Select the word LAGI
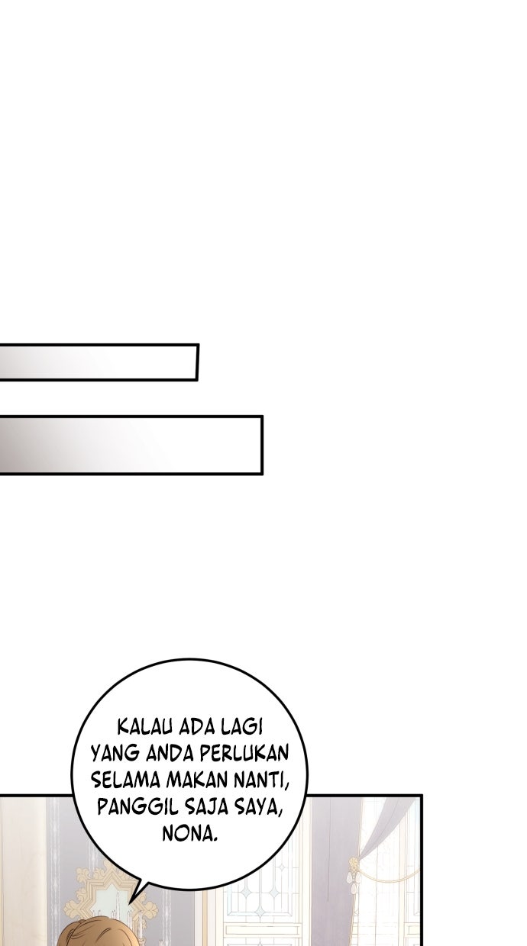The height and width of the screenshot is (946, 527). pos(241,727)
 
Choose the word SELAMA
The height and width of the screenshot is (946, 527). pos(125,780)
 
